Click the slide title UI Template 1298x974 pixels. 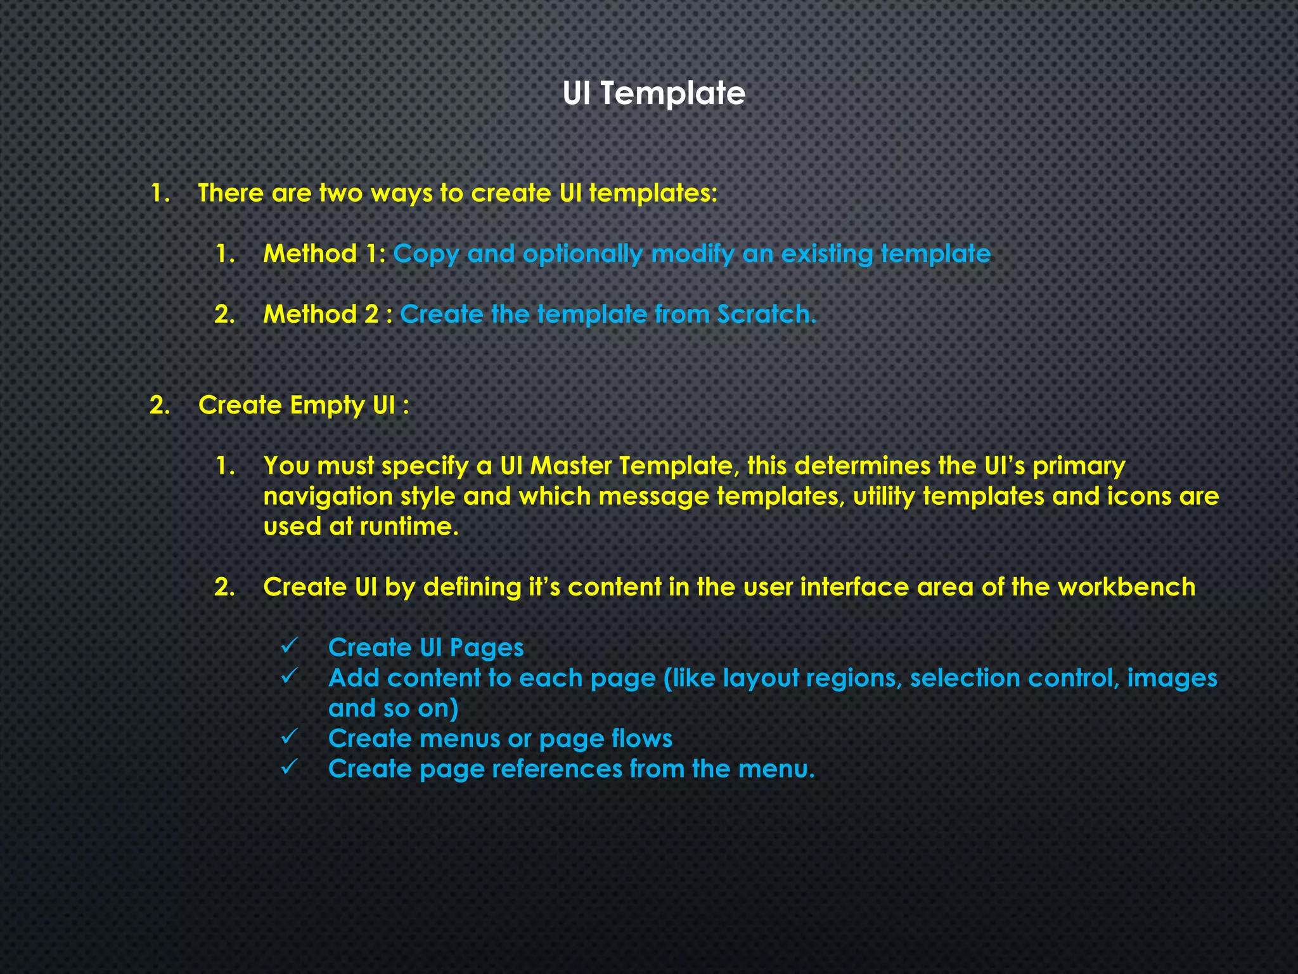tap(653, 93)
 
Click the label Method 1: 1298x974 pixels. tap(324, 254)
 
